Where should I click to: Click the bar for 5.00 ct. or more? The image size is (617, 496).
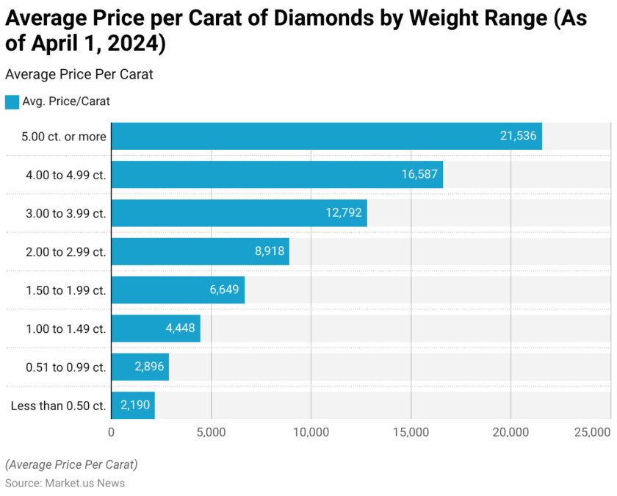(326, 136)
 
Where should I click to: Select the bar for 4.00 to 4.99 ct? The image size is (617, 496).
(277, 175)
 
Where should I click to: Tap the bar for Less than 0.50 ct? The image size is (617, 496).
(133, 405)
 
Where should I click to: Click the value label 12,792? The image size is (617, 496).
(344, 213)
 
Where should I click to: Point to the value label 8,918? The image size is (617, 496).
(269, 251)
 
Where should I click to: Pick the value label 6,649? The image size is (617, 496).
(224, 290)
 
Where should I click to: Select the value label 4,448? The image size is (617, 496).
(180, 328)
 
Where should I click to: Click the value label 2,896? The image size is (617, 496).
(148, 367)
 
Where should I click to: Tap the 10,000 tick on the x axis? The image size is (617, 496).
(311, 433)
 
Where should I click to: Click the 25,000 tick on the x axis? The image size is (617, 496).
(592, 433)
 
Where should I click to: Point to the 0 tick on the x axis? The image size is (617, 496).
(111, 433)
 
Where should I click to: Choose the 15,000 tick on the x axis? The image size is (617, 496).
(411, 433)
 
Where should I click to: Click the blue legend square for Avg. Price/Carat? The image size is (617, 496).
(12, 102)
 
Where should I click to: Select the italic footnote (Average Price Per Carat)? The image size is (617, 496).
(71, 464)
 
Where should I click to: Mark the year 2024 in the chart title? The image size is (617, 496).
(136, 44)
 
